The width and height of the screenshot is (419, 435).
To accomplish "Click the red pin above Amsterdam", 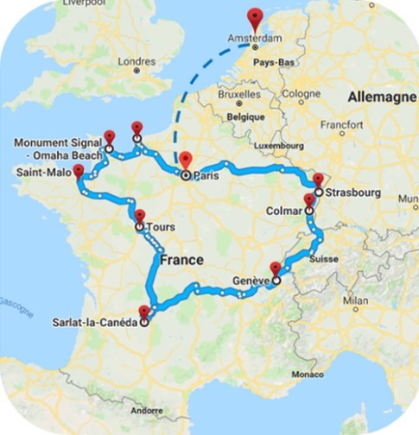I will coord(255,17).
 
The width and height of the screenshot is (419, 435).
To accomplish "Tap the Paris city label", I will coord(205,175).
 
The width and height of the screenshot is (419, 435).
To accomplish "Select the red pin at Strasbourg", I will coord(318,180).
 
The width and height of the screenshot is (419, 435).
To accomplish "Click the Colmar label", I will coord(283,207).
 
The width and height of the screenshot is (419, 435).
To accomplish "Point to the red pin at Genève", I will coord(276,268).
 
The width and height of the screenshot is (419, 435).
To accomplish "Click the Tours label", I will coord(161,228).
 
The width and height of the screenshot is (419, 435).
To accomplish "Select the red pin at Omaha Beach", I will coord(109,136).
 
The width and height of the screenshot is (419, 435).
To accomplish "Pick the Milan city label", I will coord(356,299).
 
